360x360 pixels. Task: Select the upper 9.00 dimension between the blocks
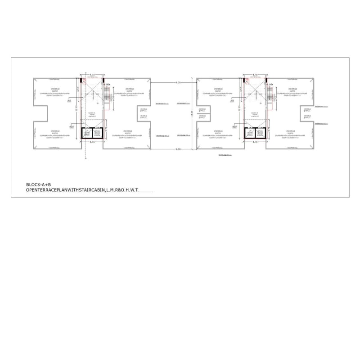[x=178, y=83]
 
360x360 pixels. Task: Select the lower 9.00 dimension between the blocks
[x=178, y=149]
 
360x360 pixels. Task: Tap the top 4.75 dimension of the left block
[x=92, y=75]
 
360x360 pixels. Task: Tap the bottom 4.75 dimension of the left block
[x=92, y=142]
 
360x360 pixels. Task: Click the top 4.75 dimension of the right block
[x=255, y=75]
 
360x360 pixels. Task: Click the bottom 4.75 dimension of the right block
[x=255, y=142]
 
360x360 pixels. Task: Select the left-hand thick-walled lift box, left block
[x=87, y=133]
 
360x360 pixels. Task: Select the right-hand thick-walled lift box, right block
[x=260, y=133]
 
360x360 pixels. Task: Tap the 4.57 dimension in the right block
[x=242, y=90]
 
